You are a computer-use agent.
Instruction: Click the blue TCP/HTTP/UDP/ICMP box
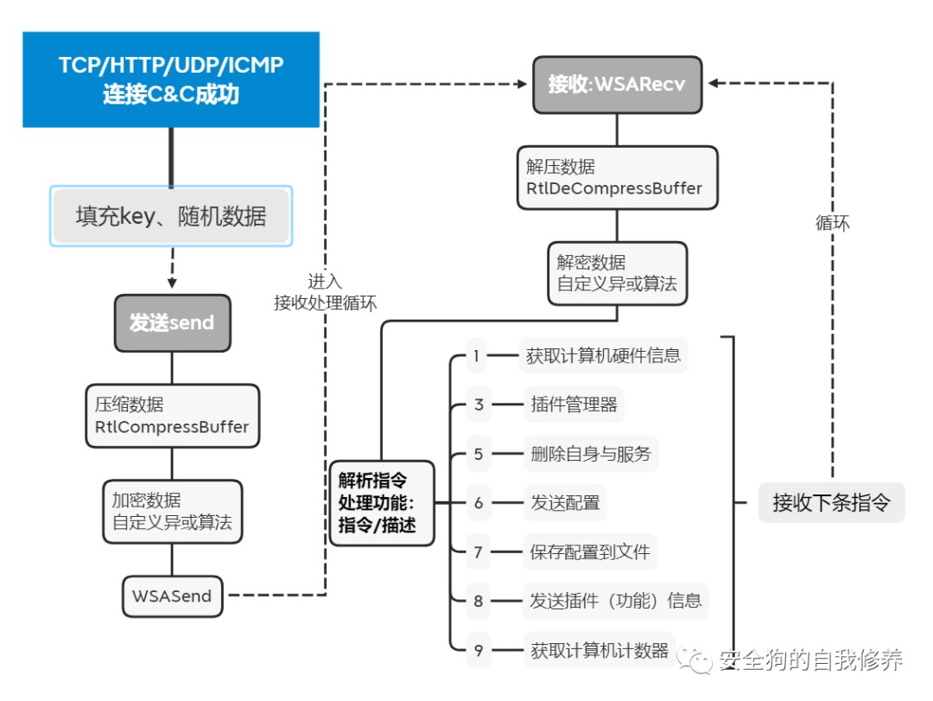point(170,80)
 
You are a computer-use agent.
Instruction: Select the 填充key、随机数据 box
point(171,216)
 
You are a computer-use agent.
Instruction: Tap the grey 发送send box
point(173,323)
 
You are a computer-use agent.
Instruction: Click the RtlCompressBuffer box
point(172,416)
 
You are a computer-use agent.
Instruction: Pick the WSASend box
point(172,596)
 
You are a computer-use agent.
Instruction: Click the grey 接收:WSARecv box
point(617,85)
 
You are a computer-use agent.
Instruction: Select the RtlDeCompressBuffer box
point(617,177)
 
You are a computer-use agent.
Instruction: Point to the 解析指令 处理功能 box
point(381,502)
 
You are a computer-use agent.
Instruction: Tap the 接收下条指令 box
point(830,502)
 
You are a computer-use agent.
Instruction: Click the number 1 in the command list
point(476,355)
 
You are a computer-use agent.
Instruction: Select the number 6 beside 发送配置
point(478,503)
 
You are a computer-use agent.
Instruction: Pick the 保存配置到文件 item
point(589,551)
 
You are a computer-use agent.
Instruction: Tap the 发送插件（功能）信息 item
point(615,601)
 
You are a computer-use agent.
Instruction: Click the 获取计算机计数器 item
point(600,650)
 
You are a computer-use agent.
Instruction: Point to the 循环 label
point(832,223)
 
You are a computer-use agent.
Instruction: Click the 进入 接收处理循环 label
point(325,291)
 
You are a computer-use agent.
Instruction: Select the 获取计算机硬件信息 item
point(603,355)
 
